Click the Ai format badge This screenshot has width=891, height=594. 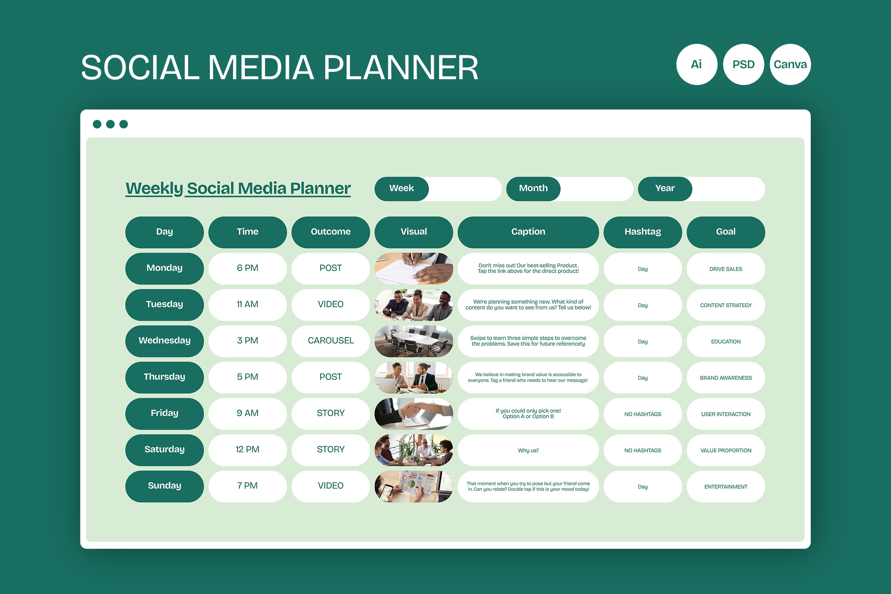click(x=696, y=64)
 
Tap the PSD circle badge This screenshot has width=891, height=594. click(x=743, y=64)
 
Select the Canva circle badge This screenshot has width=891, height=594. click(x=790, y=64)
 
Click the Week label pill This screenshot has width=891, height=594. click(x=401, y=188)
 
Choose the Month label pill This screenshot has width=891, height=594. click(x=533, y=188)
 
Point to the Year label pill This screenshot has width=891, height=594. click(x=665, y=188)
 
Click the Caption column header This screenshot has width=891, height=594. click(x=528, y=232)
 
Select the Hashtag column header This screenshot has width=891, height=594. click(x=643, y=232)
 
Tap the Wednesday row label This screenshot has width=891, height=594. click(x=164, y=341)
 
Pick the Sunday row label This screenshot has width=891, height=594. click(x=164, y=486)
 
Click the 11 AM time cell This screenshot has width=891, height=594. click(x=247, y=305)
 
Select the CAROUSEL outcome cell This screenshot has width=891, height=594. click(x=331, y=341)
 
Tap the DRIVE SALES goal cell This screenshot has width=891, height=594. click(x=726, y=268)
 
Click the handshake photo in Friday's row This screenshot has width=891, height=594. click(x=414, y=414)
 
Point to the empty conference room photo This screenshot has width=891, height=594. click(x=414, y=341)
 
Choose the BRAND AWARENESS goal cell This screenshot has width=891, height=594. click(x=726, y=377)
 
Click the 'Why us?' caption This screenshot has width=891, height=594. click(x=528, y=450)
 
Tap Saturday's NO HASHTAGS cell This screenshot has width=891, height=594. click(x=643, y=450)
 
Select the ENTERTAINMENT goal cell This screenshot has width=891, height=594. click(x=726, y=486)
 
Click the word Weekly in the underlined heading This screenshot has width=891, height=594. click(x=154, y=188)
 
